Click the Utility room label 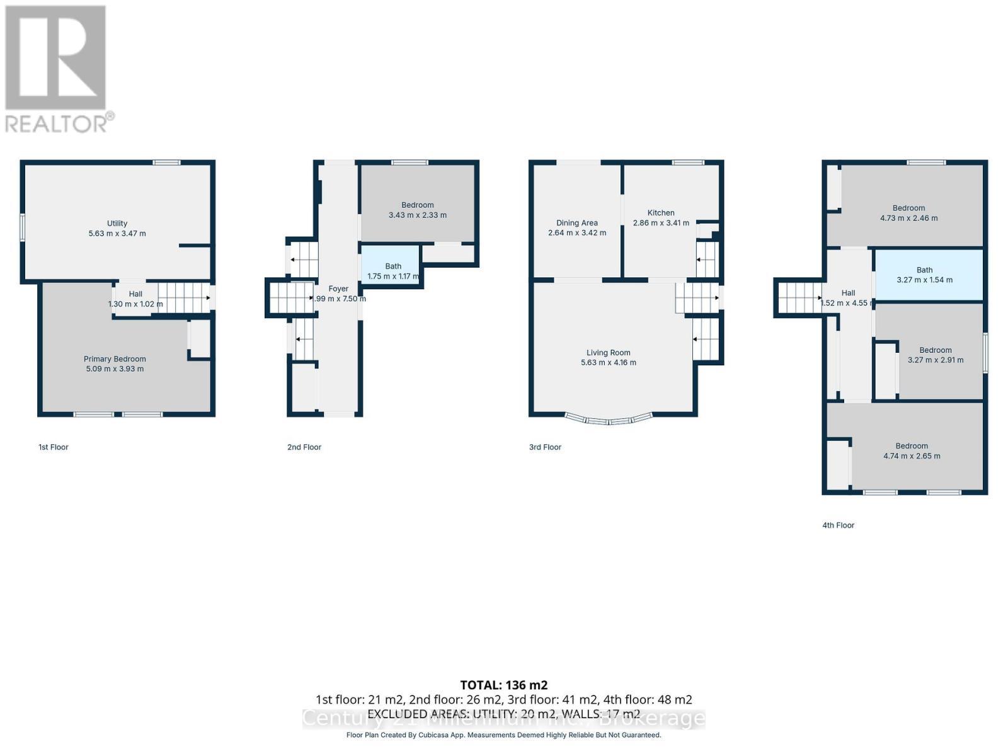click(117, 223)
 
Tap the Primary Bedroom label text click(115, 359)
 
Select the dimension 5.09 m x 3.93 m click(115, 369)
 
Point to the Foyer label click(338, 289)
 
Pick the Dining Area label click(577, 223)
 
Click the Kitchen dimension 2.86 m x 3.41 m click(661, 223)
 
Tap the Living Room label click(609, 353)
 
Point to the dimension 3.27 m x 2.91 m click(936, 360)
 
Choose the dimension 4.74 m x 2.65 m click(912, 456)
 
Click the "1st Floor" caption click(54, 447)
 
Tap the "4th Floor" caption click(838, 525)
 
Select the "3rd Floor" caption click(545, 447)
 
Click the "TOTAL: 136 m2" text click(504, 685)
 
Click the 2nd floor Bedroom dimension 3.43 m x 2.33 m click(418, 215)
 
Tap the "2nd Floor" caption click(304, 447)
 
